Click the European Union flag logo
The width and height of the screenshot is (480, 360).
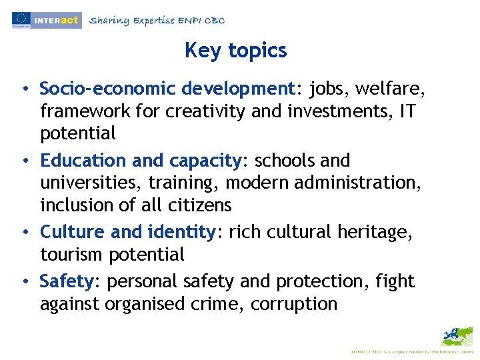coord(21,19)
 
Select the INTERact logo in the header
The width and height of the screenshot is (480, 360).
coord(57,20)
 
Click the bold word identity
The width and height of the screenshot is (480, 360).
coord(181,232)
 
